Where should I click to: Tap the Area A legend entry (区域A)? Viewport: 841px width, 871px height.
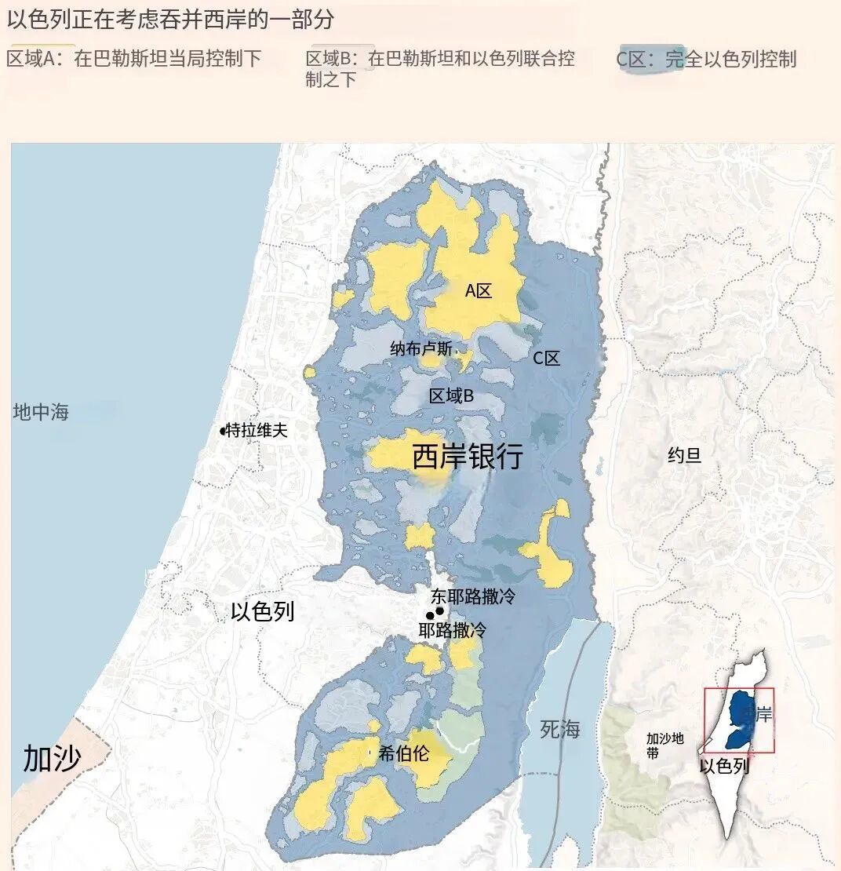[133, 59]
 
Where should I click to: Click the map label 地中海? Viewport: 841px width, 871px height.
[41, 412]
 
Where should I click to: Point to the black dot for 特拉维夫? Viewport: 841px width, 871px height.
[223, 431]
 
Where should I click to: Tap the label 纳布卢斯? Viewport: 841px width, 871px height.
[421, 349]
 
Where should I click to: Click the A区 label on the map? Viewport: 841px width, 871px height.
[479, 291]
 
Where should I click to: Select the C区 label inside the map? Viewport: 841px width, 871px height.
[547, 359]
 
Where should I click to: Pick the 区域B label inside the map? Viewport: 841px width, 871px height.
[451, 396]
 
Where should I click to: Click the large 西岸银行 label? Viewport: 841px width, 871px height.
[468, 457]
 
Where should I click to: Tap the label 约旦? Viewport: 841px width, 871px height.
[684, 455]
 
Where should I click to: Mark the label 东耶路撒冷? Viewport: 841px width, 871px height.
[472, 596]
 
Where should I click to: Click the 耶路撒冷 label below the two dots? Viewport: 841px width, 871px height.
[452, 629]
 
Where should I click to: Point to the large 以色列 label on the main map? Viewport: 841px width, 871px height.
[263, 612]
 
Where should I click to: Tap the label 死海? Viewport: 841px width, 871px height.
[560, 729]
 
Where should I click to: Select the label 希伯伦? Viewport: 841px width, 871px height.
[404, 753]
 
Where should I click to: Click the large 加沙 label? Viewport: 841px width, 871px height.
[52, 758]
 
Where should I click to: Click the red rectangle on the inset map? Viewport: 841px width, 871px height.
[738, 720]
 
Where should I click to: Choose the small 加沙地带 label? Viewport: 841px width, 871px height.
[664, 745]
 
